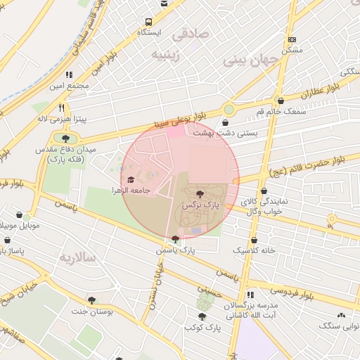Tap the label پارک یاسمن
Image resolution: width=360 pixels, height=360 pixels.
point(176,250)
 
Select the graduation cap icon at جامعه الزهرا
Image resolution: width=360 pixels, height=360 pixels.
point(131,179)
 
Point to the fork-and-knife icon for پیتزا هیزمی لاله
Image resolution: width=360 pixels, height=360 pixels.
point(62,108)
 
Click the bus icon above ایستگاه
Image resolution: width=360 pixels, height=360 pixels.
point(164,4)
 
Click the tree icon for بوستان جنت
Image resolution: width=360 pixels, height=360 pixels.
point(91,300)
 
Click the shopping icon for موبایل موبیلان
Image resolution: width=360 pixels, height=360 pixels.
point(19,215)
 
